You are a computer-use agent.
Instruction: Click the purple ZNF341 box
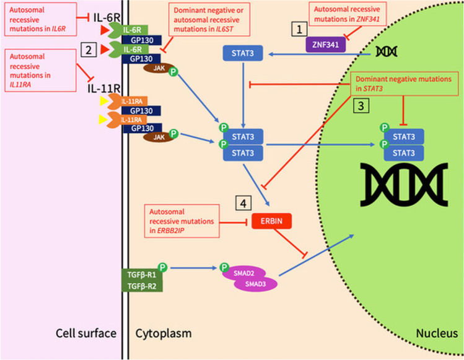click(325, 45)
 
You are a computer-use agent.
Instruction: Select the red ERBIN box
click(271, 221)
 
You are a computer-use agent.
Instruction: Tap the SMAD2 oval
click(243, 273)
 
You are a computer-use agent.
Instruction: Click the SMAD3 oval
click(255, 284)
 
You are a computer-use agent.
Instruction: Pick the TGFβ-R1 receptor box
click(142, 274)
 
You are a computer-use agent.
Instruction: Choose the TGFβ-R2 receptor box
click(142, 286)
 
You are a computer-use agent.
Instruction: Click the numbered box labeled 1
click(299, 29)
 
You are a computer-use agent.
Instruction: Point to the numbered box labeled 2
click(89, 50)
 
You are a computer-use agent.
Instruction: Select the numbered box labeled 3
click(361, 106)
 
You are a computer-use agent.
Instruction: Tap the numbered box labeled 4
click(243, 203)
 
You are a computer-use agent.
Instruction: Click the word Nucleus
click(437, 333)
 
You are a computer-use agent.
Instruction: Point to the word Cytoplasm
click(164, 333)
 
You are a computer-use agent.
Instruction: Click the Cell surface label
click(86, 333)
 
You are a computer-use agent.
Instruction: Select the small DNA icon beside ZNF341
click(386, 51)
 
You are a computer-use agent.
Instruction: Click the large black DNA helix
click(404, 184)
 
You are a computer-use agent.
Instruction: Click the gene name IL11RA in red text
click(20, 84)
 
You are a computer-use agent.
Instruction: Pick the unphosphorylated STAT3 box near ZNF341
click(243, 53)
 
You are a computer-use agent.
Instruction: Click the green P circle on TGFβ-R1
click(162, 267)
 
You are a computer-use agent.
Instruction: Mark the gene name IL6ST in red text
click(225, 29)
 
